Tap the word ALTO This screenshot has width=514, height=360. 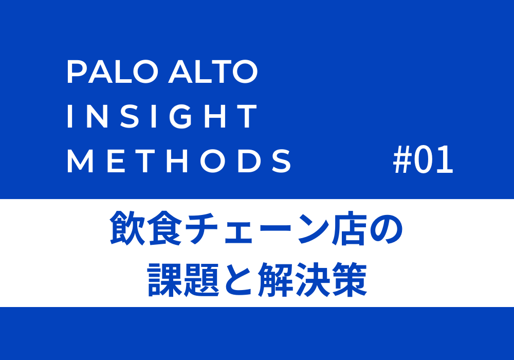pyautogui.click(x=213, y=71)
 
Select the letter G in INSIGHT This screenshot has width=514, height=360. pyautogui.click(x=182, y=116)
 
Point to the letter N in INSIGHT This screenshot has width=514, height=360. pyautogui.click(x=97, y=116)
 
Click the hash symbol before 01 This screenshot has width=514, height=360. pyautogui.click(x=402, y=159)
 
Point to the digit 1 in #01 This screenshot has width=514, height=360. pyautogui.click(x=445, y=159)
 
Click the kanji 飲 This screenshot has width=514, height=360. pyautogui.click(x=127, y=227)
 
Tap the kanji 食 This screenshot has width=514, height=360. pyautogui.click(x=164, y=227)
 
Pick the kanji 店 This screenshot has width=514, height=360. pyautogui.click(x=349, y=227)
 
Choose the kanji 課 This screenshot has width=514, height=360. pyautogui.click(x=164, y=279)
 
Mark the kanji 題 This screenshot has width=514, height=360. pyautogui.click(x=201, y=279)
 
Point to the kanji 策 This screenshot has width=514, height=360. pyautogui.click(x=349, y=279)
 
